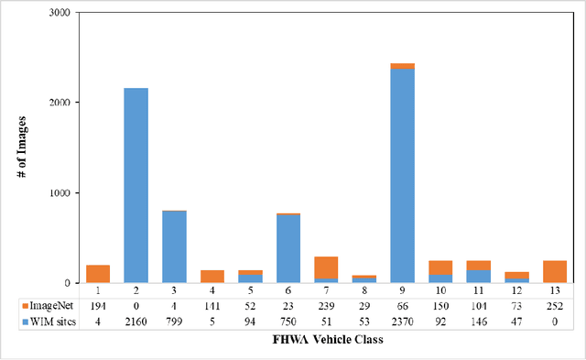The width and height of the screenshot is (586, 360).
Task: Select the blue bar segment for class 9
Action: click(402, 174)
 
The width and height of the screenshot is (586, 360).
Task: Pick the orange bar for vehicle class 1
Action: click(98, 273)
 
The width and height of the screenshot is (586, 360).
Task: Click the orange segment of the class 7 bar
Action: click(326, 267)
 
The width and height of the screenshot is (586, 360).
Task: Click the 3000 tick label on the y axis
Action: click(61, 14)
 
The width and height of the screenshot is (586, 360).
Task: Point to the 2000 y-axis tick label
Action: click(61, 104)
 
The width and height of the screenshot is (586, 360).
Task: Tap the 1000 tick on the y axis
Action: click(61, 193)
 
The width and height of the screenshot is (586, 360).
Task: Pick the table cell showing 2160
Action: click(136, 320)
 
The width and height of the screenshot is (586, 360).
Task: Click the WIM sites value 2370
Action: click(402, 320)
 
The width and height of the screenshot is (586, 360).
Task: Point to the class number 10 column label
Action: click(440, 289)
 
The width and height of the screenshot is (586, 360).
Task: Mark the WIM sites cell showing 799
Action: click(174, 320)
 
